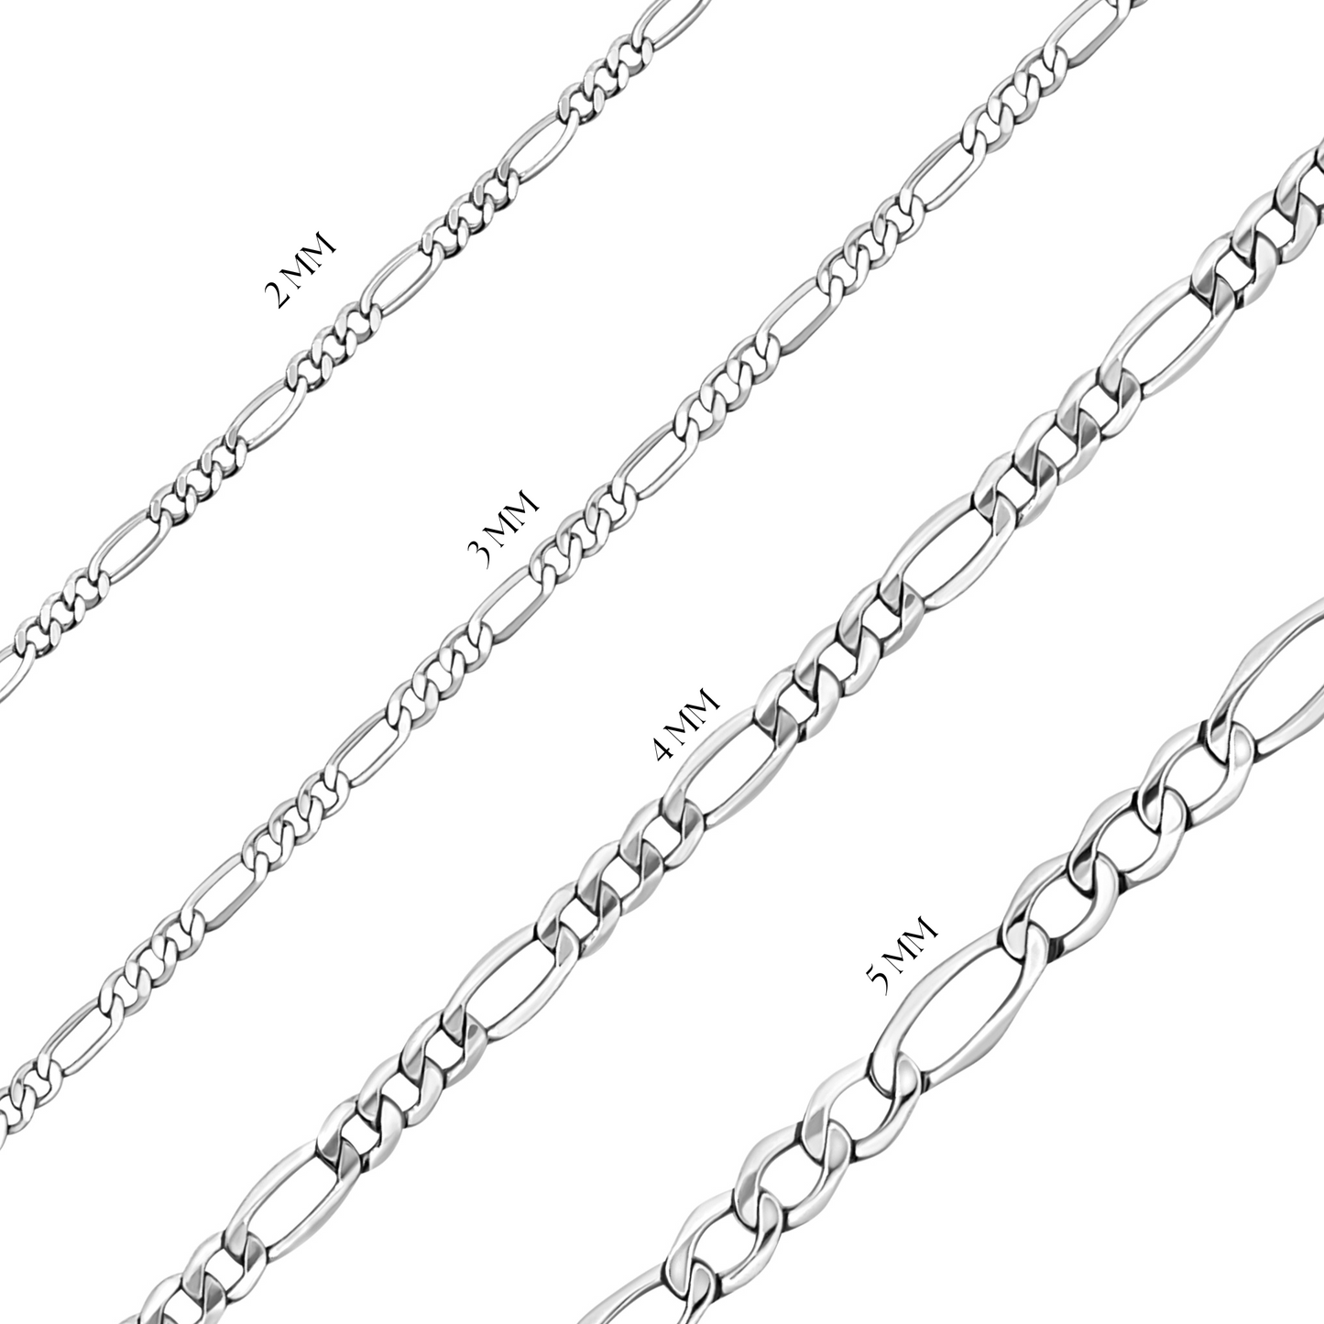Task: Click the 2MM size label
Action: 301,271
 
